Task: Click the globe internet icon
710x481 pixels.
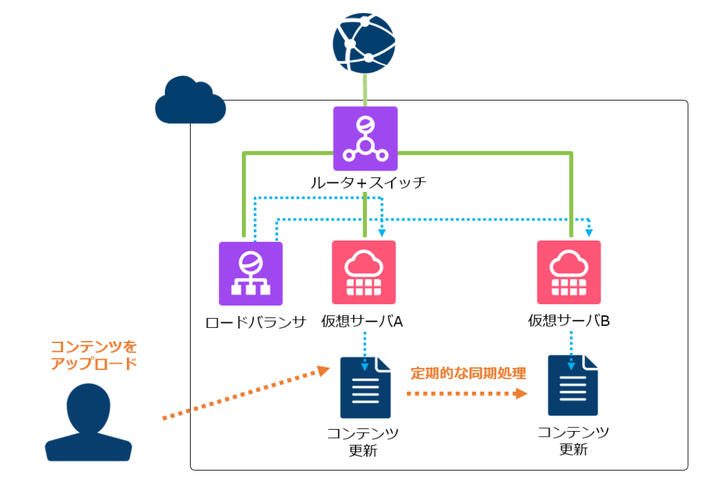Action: pyautogui.click(x=365, y=43)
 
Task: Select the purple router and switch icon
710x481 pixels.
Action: pyautogui.click(x=365, y=138)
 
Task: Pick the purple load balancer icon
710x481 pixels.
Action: pyautogui.click(x=250, y=273)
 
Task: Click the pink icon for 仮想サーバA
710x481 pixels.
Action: pyautogui.click(x=363, y=272)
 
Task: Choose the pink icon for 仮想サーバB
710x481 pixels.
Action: pyautogui.click(x=569, y=272)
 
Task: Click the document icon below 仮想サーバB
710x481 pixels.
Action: pyautogui.click(x=572, y=385)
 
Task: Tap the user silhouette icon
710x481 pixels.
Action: pyautogui.click(x=88, y=423)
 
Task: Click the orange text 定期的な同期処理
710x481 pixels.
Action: pyautogui.click(x=468, y=373)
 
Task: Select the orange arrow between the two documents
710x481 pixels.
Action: pyautogui.click(x=466, y=393)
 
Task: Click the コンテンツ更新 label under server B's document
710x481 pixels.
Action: pyautogui.click(x=573, y=441)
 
